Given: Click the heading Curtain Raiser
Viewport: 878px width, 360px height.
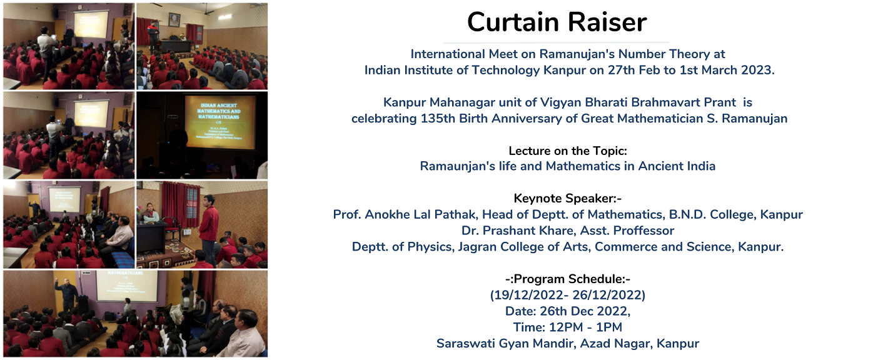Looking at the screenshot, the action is coord(557,22).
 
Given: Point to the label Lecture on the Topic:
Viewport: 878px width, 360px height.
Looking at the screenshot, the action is coord(568,151).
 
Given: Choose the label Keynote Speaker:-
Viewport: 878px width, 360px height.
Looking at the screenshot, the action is coord(568,198).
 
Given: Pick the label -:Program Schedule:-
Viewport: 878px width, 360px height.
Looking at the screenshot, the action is coord(568,279).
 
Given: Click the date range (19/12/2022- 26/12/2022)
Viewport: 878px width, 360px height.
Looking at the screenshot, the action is coord(568,295).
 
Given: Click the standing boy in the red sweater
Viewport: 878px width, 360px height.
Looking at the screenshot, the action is coord(209,227).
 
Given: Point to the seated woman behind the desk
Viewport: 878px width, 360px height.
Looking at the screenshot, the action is coord(150,214).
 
